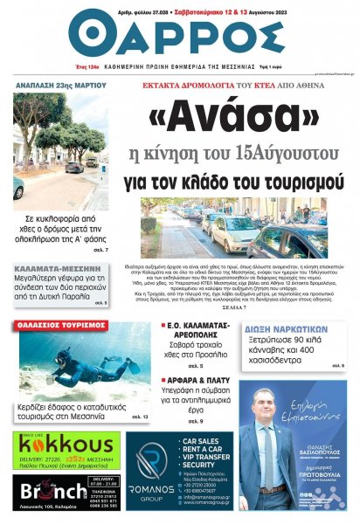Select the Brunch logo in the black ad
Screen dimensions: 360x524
tap(52, 494)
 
